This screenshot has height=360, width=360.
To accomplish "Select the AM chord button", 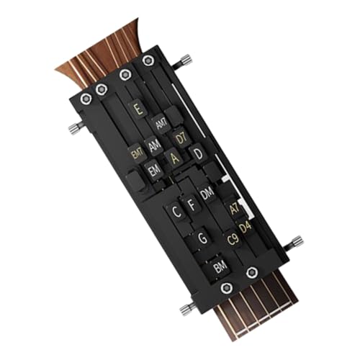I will pos(155,145).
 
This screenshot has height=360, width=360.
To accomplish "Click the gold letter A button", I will pos(174,159).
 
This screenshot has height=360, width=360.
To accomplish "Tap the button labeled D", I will pos(197,153).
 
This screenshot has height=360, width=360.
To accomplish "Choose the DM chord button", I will pos(207,193).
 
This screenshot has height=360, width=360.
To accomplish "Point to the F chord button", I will pos(192,204).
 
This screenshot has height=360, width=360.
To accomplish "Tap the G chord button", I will pos(203,237).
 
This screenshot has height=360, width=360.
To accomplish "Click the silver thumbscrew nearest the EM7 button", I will pos(74,128).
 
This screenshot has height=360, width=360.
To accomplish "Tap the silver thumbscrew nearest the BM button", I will pos(186,309).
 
